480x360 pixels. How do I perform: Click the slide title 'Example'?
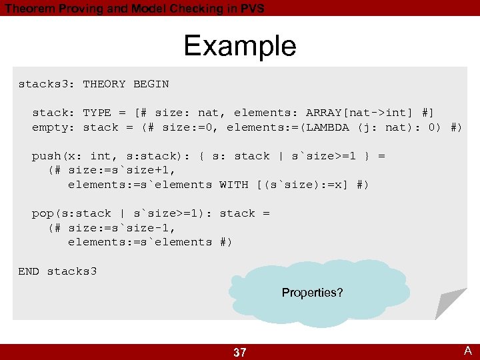239,46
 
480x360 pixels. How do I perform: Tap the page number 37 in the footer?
240,353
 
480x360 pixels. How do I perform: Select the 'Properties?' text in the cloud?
312,293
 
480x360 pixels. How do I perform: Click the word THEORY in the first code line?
104,84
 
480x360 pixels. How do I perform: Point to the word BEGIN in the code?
151,84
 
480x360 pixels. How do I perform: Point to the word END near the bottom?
29,271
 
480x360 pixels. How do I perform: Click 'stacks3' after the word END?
72,271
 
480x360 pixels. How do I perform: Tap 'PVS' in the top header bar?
251,9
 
